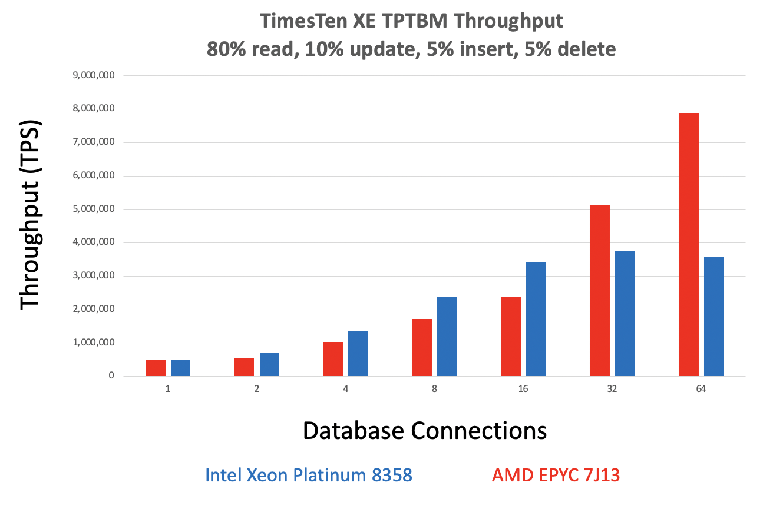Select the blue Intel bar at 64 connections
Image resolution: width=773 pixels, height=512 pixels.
pyautogui.click(x=713, y=317)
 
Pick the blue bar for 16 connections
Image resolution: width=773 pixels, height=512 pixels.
pyautogui.click(x=536, y=319)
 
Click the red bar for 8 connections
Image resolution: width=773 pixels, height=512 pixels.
pyautogui.click(x=421, y=347)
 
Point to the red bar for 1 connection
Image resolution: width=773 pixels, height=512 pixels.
pyautogui.click(x=155, y=368)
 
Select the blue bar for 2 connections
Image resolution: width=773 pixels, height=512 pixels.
pyautogui.click(x=269, y=364)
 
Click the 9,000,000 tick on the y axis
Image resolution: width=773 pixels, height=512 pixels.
pyautogui.click(x=93, y=75)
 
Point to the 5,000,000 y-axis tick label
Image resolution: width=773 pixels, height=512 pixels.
pyautogui.click(x=93, y=209)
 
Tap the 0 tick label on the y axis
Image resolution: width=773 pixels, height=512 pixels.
pyautogui.click(x=111, y=376)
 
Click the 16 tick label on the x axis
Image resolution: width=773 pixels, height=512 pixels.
pyautogui.click(x=523, y=390)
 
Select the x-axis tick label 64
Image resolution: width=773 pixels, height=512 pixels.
pyautogui.click(x=701, y=390)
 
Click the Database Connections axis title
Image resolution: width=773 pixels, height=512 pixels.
pyautogui.click(x=424, y=431)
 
